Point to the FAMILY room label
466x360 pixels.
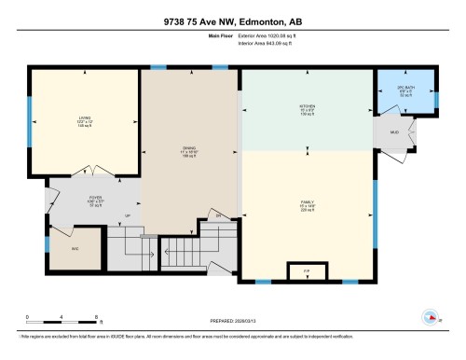307,206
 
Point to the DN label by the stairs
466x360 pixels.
219,215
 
